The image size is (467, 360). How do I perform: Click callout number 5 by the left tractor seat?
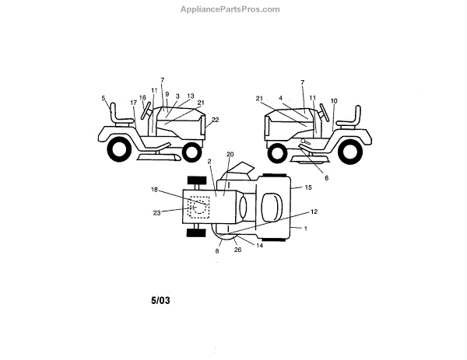click(103, 98)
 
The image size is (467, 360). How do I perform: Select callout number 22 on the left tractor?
click(215, 119)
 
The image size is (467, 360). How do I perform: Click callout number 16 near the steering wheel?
click(142, 99)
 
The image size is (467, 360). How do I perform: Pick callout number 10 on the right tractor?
click(334, 101)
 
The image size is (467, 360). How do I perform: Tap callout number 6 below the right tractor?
click(326, 178)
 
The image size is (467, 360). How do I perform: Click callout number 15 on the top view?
click(308, 187)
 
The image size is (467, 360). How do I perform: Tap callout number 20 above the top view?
click(230, 155)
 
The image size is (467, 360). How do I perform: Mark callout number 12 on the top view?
click(314, 211)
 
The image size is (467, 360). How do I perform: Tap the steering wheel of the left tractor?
click(146, 111)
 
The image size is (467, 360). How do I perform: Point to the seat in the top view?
click(269, 208)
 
